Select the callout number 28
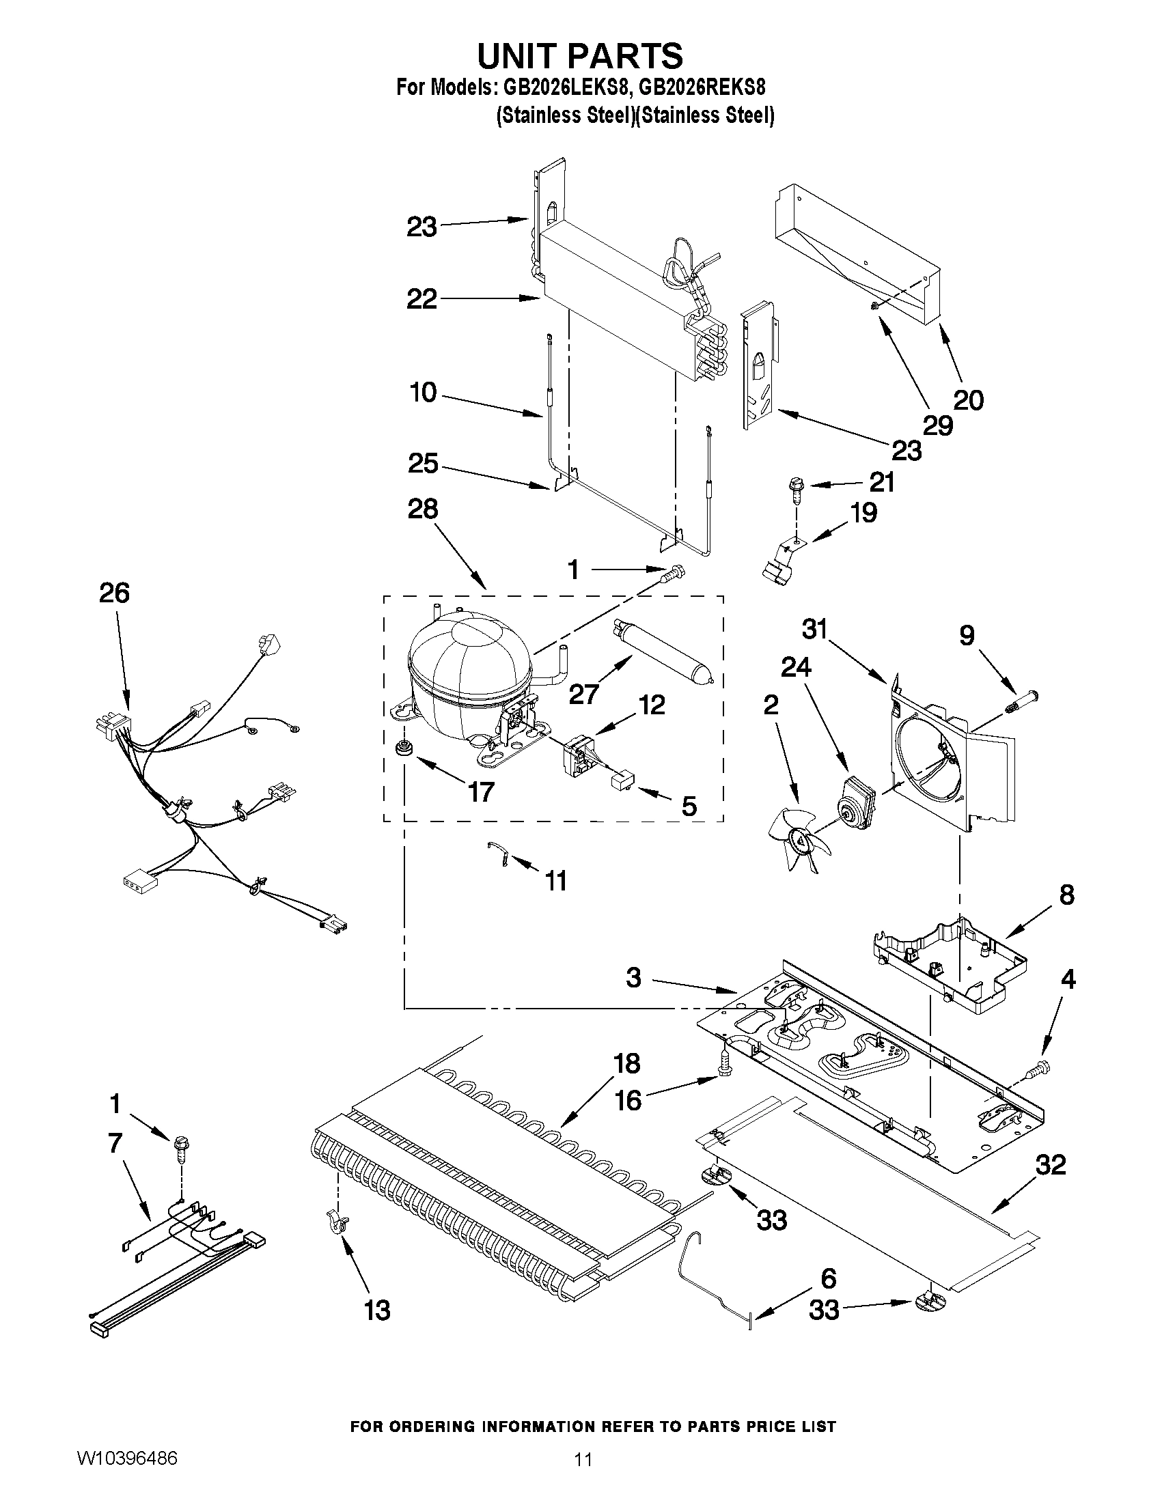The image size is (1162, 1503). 422,509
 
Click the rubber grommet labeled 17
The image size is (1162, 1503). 401,748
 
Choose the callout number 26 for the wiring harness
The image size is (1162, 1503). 113,593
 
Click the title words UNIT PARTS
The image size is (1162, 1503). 579,56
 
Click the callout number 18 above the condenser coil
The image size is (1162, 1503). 626,1063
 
